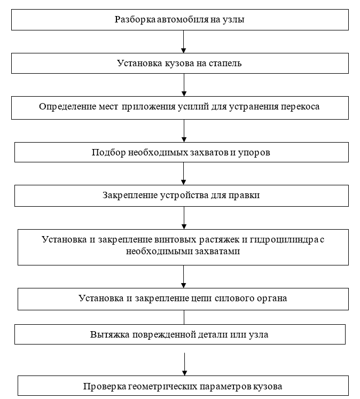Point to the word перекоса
point(301,106)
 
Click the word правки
point(246,195)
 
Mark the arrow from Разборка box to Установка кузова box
point(183,42)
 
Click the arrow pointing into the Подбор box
point(183,131)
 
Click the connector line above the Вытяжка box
point(184,317)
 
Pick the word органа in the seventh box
point(270,298)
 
